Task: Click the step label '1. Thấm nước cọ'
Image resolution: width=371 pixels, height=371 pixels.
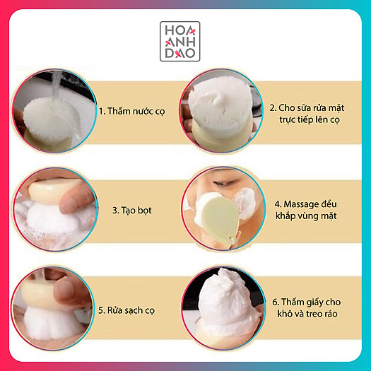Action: (x=131, y=112)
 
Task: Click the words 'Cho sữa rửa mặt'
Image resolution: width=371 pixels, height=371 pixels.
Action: (x=305, y=107)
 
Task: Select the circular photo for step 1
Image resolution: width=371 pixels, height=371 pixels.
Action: (x=51, y=109)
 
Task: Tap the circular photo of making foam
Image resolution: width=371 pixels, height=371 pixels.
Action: (x=51, y=206)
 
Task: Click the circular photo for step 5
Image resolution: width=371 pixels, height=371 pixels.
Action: (x=51, y=305)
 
